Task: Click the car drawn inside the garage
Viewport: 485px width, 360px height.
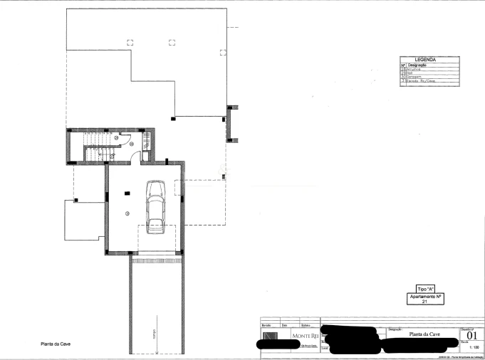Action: pos(154,206)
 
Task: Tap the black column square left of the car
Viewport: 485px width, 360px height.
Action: pos(127,193)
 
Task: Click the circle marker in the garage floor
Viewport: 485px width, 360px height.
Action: pos(127,213)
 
